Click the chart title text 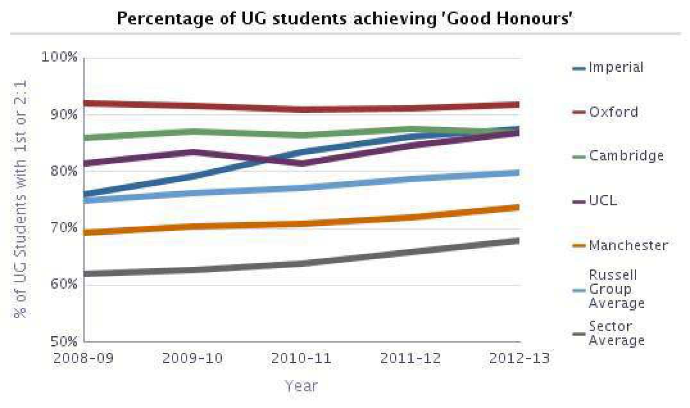[344, 19]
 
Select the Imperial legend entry [616, 67]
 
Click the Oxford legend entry [613, 112]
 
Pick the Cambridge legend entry [626, 156]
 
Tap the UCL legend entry [602, 201]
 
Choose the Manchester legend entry [628, 246]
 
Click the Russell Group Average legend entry [616, 289]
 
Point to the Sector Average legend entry [616, 333]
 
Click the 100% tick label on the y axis [60, 57]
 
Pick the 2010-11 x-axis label [302, 358]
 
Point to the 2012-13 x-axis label [519, 358]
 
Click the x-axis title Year [301, 386]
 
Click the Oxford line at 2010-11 [302, 109]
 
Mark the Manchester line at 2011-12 [411, 217]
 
